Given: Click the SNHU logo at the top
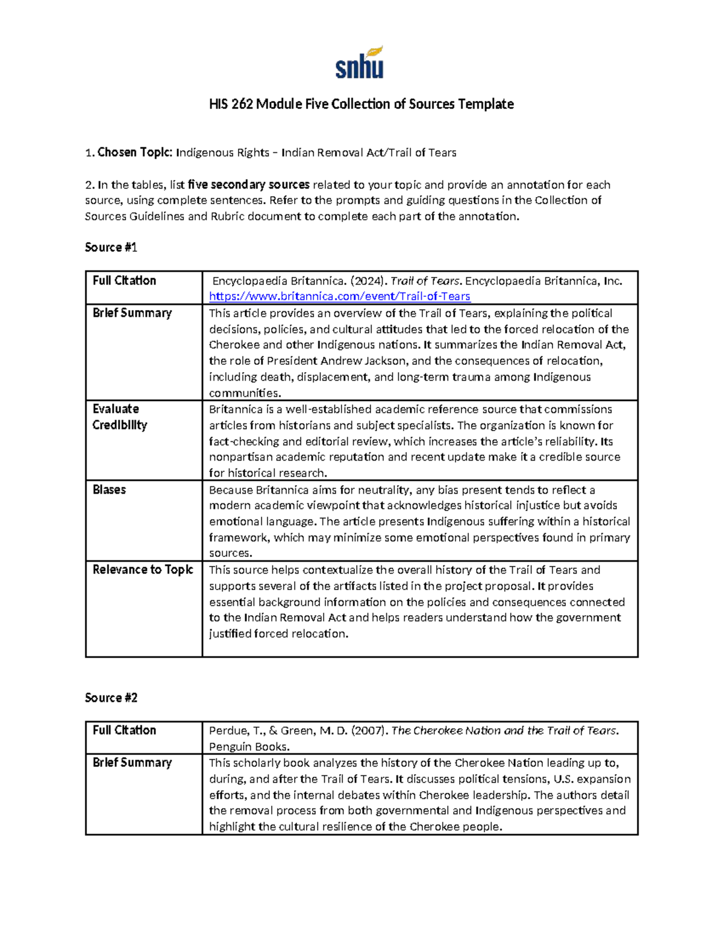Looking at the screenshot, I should (x=360, y=63).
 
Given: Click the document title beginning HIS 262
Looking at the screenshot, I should (x=361, y=104).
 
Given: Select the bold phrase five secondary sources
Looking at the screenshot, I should (x=248, y=185).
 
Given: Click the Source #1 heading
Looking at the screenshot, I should (x=111, y=247).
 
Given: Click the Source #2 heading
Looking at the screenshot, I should (x=111, y=698).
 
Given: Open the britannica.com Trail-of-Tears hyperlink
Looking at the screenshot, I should (x=339, y=296).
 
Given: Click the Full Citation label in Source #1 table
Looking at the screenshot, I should (x=124, y=281).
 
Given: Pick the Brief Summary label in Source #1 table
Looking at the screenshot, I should (x=132, y=313).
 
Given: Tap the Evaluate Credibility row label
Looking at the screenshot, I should (x=119, y=417).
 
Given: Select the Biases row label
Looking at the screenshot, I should (x=109, y=489).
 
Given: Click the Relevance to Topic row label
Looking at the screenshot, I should (x=143, y=570).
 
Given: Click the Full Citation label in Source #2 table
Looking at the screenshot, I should (x=124, y=730).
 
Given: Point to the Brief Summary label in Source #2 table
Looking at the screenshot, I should (x=132, y=763).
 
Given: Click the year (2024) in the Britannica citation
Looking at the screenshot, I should (x=369, y=281).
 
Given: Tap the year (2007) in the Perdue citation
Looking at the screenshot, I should (x=368, y=731).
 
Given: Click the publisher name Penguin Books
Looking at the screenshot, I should (x=249, y=747).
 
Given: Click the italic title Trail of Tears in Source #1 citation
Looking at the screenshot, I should (x=425, y=281).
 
